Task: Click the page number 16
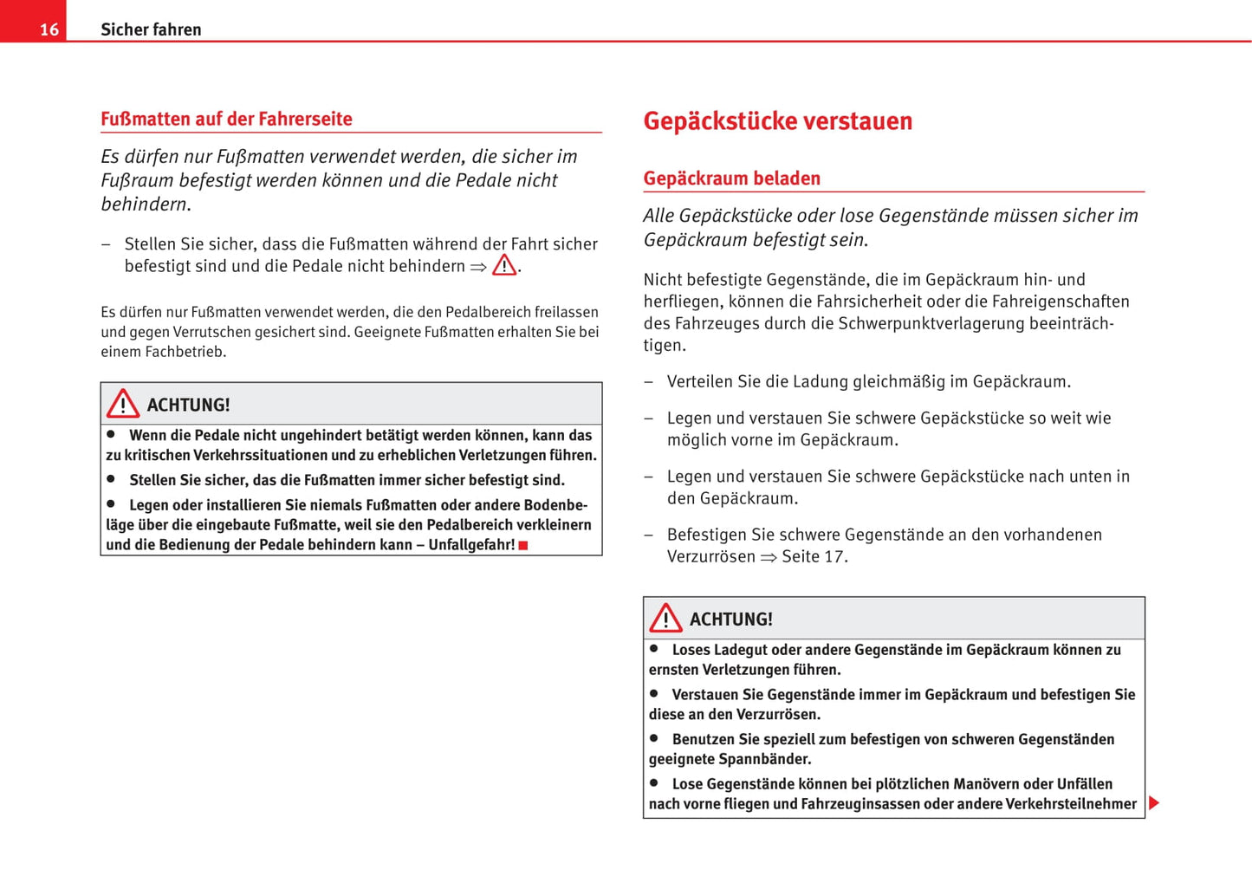49,29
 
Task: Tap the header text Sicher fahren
151,29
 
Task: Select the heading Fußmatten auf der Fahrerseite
226,119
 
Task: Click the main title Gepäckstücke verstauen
777,120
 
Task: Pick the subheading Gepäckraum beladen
731,178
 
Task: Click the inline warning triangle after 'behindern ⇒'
504,265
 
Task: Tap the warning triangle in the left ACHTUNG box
123,404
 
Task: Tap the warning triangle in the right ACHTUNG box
665,618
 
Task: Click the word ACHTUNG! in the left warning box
188,405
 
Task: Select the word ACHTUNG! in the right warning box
730,620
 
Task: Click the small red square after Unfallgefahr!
523,545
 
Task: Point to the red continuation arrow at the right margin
1153,802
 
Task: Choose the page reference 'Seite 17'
813,556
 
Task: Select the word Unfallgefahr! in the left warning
471,544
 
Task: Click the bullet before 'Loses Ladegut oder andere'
654,648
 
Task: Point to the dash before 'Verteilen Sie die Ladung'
648,382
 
